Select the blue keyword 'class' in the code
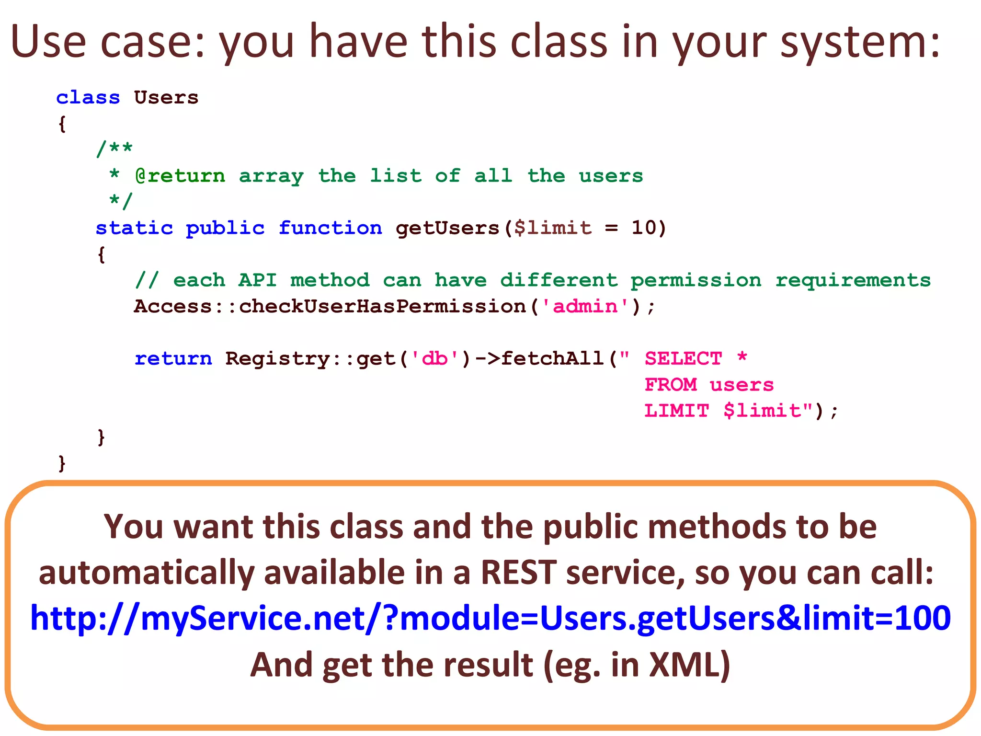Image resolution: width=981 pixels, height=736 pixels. (x=88, y=97)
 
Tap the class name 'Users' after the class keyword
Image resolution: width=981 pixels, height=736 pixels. (x=166, y=97)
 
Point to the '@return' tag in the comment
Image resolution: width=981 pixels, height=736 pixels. (x=180, y=176)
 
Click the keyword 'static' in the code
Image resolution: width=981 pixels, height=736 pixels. (x=134, y=228)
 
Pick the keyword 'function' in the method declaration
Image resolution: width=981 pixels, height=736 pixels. (x=331, y=228)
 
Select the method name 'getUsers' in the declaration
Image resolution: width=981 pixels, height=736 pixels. (x=448, y=228)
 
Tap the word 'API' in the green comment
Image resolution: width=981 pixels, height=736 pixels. (x=258, y=280)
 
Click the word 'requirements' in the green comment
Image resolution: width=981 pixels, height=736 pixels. (x=853, y=280)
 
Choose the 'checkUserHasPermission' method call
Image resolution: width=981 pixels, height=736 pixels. (x=382, y=307)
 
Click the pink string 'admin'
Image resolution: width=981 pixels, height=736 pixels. (x=585, y=307)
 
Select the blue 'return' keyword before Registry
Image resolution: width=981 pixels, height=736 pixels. (x=173, y=359)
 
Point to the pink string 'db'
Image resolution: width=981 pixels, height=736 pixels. (x=434, y=359)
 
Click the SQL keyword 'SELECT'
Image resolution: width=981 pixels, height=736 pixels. (x=683, y=359)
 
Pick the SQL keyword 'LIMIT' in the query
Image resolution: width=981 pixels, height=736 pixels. (x=676, y=411)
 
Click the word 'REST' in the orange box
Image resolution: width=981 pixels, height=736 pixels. (x=518, y=573)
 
